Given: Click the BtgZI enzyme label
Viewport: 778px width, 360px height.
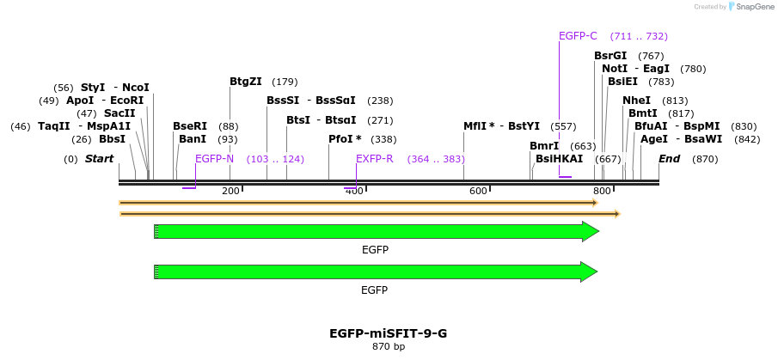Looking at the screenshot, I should pos(245,82).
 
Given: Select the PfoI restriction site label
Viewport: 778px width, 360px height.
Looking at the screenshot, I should pos(345,138).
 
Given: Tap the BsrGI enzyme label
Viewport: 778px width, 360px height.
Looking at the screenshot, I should pos(610,56).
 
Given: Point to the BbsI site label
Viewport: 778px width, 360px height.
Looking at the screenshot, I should pos(112,138).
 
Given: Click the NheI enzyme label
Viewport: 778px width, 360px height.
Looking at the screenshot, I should pos(637,101).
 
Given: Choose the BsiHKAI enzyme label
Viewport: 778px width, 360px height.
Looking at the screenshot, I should pos(559,159).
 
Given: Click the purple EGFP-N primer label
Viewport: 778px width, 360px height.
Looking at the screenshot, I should pos(214,159).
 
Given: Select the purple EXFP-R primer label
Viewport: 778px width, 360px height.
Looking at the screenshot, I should pos(375,159).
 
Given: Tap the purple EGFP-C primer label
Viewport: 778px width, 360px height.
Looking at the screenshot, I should pos(578,36).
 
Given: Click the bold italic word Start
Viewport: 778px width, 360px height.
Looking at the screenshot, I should pos(99,159).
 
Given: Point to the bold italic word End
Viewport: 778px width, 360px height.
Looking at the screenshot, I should pos(670,159).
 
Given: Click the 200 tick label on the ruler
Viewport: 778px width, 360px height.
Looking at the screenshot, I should pos(230,191).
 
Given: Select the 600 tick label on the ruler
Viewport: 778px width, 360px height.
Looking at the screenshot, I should pos(478,191).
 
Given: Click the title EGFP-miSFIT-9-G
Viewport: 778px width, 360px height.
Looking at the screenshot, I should pos(389,333).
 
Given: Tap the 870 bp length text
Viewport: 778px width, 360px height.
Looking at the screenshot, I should pos(389,347).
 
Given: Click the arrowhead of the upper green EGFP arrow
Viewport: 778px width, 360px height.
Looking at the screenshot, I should pos(590,231).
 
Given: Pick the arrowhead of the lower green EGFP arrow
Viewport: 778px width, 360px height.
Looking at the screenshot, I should pos(590,272).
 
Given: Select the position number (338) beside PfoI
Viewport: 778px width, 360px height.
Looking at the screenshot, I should pos(383,139).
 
